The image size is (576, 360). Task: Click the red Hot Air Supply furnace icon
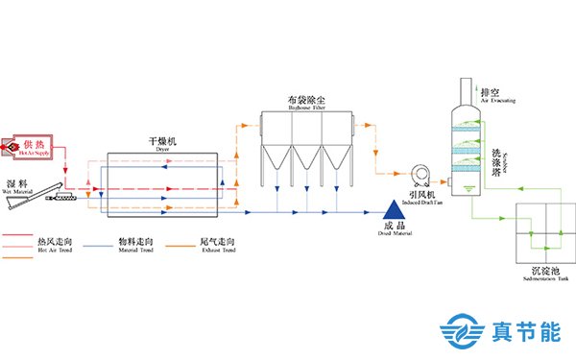tap(35, 143)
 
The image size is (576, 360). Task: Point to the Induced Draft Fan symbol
tap(417, 176)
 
